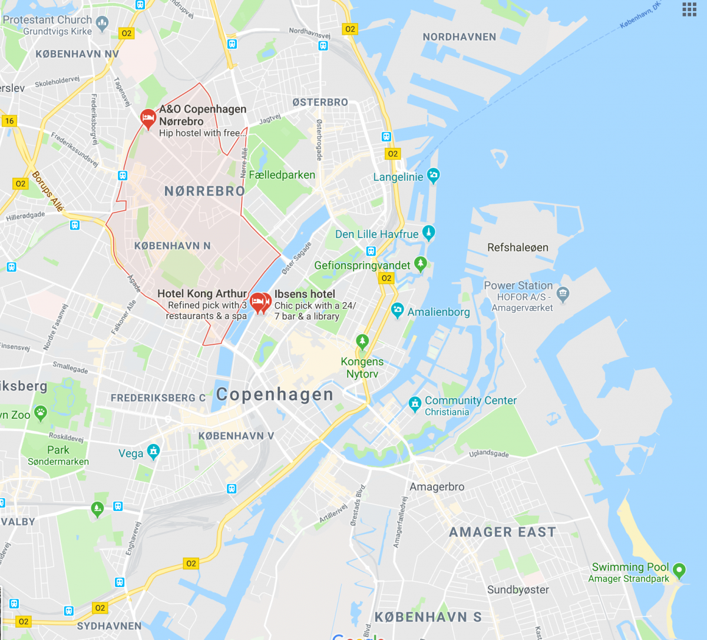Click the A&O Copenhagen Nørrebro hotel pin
point(148,118)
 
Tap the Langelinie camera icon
point(434,175)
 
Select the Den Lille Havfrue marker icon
point(429,232)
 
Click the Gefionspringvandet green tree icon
point(420,263)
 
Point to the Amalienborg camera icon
point(398,310)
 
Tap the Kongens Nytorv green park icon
point(362,341)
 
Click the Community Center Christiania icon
point(415,403)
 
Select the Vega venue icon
point(153,452)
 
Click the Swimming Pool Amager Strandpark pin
point(679,569)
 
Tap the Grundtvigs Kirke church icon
point(103,24)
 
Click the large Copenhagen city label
point(275,394)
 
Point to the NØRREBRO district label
point(204,191)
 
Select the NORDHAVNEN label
point(460,37)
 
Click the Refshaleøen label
point(518,247)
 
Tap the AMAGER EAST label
point(503,532)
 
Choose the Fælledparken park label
point(282,175)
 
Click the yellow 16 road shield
point(9,121)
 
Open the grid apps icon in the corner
point(689,9)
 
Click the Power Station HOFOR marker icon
point(563,294)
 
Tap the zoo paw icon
point(41,413)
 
